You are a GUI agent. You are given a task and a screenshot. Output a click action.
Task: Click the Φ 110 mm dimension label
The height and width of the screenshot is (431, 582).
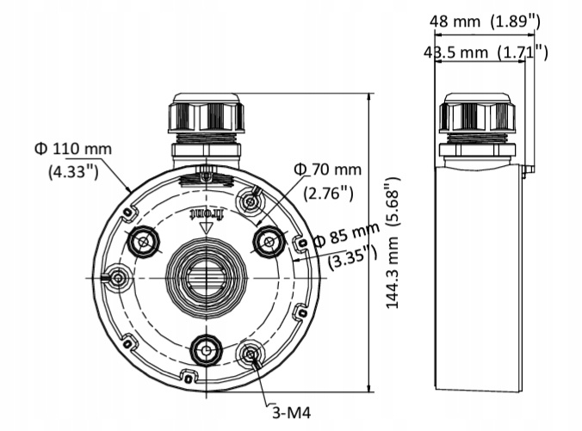73,148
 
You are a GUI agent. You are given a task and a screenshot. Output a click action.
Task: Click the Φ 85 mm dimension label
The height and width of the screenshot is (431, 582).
346,235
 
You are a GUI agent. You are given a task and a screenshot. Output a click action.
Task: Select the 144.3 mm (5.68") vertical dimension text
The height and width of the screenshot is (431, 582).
393,243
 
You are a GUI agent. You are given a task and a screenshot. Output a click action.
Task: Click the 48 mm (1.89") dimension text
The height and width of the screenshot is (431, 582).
485,21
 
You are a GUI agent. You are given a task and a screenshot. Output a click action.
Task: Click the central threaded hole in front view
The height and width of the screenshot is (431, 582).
206,277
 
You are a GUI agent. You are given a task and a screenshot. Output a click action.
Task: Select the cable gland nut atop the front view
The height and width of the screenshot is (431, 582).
206,114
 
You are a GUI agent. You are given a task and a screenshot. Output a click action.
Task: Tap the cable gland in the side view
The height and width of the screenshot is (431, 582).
477,116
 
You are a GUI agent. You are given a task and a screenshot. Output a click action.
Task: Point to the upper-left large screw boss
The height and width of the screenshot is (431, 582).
143,243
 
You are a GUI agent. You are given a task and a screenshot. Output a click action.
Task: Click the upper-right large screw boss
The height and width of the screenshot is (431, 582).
269,242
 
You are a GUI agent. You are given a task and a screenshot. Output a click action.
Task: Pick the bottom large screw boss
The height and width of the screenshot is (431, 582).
206,350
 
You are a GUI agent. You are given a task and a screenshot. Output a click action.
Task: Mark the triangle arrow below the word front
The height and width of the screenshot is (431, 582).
206,228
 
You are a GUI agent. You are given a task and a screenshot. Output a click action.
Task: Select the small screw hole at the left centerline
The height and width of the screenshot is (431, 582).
116,278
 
